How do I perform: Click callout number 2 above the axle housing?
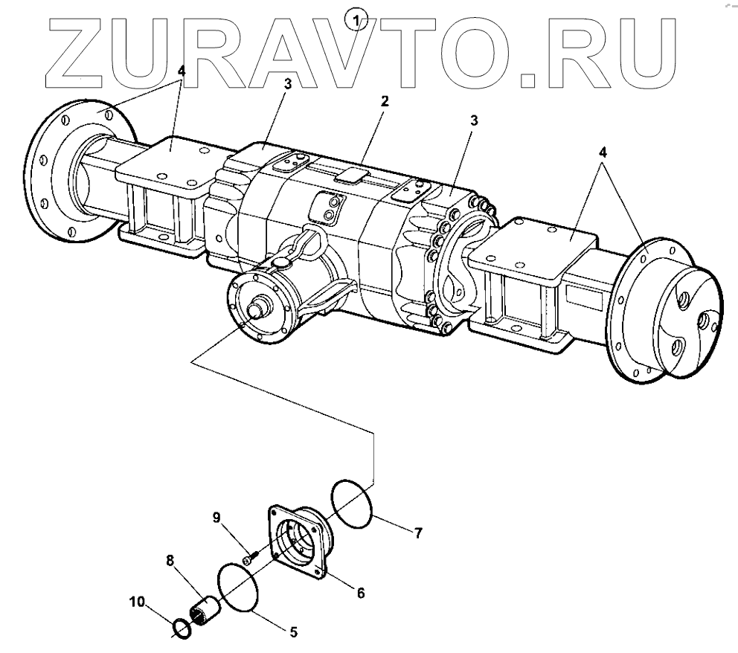[385, 100]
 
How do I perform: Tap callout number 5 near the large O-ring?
[293, 633]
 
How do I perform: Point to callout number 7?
[418, 533]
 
